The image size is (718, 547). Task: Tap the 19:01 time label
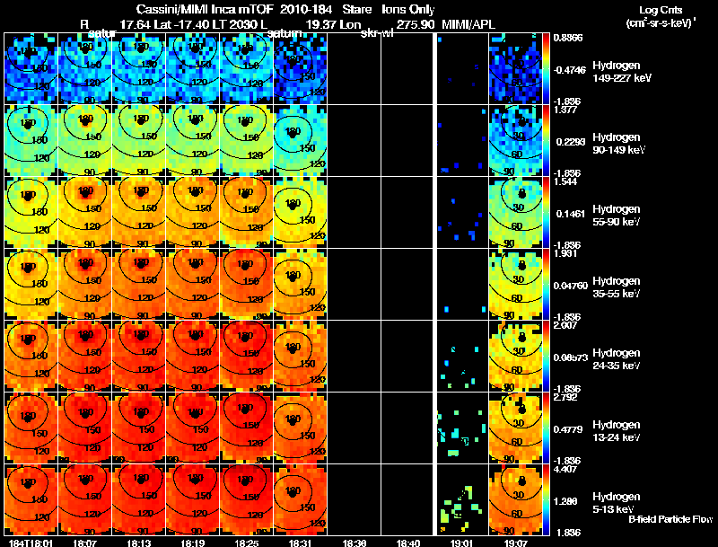click(462, 543)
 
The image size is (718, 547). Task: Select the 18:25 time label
click(245, 543)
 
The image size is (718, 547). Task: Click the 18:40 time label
click(408, 543)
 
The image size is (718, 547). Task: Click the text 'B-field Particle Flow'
click(670, 519)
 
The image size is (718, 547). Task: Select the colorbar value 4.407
click(564, 468)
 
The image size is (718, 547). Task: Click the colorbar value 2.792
click(564, 396)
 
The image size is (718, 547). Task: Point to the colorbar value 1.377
click(564, 110)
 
